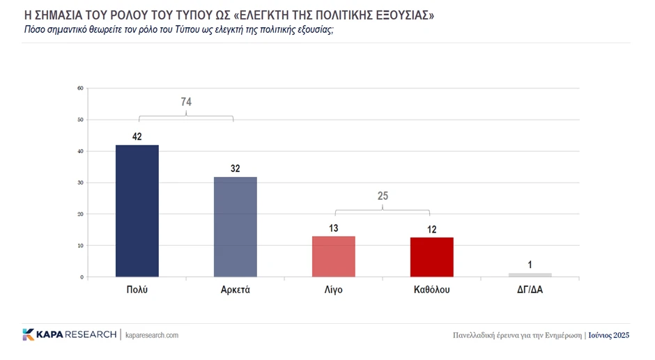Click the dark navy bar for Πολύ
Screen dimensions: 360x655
[137, 210]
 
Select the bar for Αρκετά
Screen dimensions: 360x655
[235, 226]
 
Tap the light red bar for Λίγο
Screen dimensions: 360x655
[334, 256]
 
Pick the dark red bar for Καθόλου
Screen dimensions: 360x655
[432, 257]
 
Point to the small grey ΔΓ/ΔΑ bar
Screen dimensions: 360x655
[530, 274]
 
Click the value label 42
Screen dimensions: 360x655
[137, 136]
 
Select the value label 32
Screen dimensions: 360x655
[235, 169]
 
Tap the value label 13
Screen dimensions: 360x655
[334, 228]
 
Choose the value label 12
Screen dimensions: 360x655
[432, 229]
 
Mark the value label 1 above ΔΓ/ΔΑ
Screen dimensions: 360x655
[530, 265]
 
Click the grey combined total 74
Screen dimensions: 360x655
[186, 102]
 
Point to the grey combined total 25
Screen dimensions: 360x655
[383, 196]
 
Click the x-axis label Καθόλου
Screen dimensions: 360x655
[432, 290]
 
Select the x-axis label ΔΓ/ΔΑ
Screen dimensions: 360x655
[530, 290]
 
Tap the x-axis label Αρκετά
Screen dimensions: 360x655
[235, 290]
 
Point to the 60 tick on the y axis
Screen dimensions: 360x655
[80, 88]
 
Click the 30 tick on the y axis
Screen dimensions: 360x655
[80, 182]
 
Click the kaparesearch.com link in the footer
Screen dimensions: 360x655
[152, 335]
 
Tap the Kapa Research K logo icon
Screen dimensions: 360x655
[29, 335]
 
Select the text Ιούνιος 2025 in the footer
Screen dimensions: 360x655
[608, 335]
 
